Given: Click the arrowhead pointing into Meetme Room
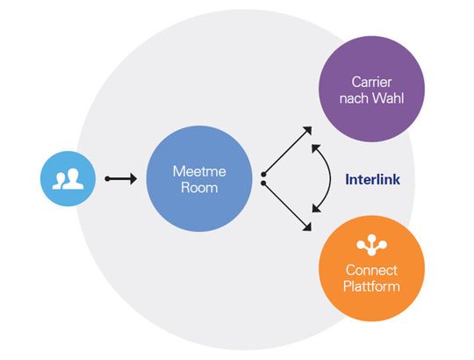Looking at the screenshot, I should click(133, 179).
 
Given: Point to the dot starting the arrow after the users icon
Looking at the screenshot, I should click(107, 179).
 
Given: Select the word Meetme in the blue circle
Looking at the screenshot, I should click(197, 170).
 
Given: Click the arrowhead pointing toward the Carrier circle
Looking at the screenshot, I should click(306, 130).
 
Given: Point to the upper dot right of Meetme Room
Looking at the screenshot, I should click(262, 173).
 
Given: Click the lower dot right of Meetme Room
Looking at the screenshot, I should click(262, 185).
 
